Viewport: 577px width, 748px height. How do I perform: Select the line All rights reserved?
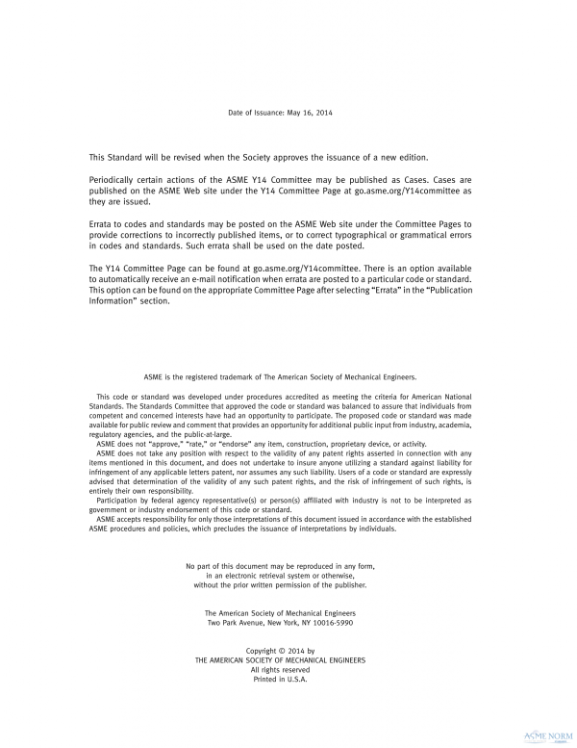point(288,670)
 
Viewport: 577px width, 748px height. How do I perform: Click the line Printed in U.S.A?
point(288,680)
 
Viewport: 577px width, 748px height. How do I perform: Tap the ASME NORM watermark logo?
point(545,735)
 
